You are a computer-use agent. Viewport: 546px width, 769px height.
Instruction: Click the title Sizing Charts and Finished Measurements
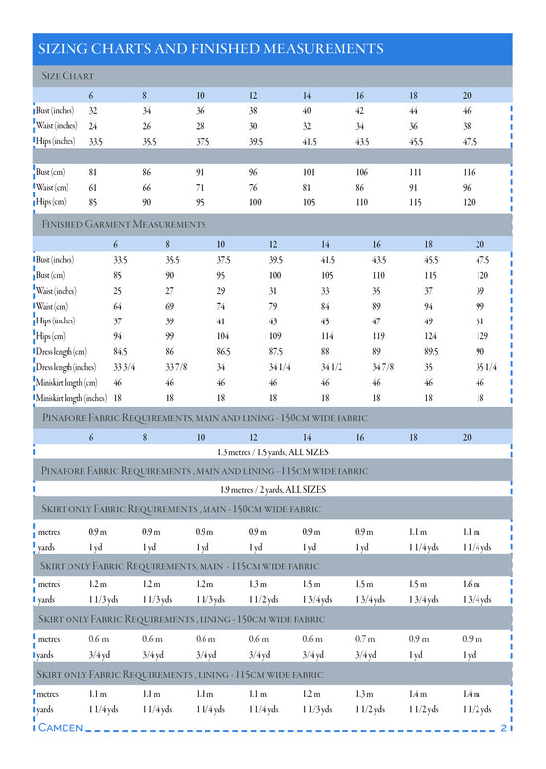(x=209, y=49)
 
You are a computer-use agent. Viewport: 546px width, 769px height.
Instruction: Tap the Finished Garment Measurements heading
(x=124, y=225)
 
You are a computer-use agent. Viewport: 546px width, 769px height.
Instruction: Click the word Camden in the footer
(x=61, y=729)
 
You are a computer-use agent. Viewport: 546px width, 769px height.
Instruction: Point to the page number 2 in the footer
(x=504, y=729)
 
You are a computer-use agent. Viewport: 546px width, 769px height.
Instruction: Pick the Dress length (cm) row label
(x=61, y=351)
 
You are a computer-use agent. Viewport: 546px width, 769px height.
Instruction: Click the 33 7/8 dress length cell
(x=166, y=367)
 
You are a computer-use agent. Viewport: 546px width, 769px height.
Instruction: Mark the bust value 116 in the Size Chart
(x=469, y=171)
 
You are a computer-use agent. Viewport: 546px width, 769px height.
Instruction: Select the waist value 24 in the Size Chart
(x=93, y=126)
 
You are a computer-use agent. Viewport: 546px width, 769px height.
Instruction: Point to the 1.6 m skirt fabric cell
(x=470, y=584)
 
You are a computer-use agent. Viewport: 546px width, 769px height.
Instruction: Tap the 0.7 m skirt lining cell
(x=364, y=638)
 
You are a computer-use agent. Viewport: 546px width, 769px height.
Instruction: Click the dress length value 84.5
(x=120, y=351)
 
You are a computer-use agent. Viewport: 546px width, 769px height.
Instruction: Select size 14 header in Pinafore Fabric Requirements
(x=307, y=436)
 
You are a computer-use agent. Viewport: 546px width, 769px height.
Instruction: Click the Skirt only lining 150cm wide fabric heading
(x=181, y=619)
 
